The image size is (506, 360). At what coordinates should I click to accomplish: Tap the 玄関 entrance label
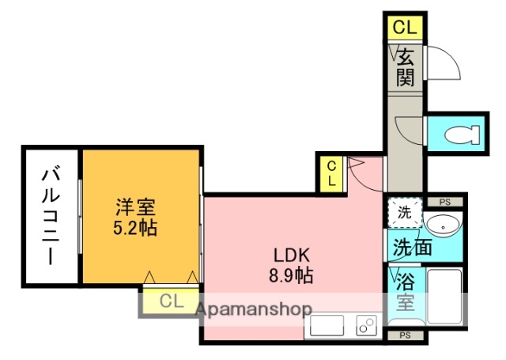coord(405,67)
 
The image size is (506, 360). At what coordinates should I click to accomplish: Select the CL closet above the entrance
coord(404,28)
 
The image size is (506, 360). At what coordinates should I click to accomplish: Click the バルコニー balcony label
coord(50,214)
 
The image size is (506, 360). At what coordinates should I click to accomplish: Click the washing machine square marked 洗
coord(404,213)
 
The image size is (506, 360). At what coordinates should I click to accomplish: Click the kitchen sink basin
coord(325,325)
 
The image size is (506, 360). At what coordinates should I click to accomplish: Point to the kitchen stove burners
coord(366,326)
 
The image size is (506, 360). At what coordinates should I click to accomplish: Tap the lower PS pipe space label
coord(404,335)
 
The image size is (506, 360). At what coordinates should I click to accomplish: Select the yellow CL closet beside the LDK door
coord(332,172)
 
